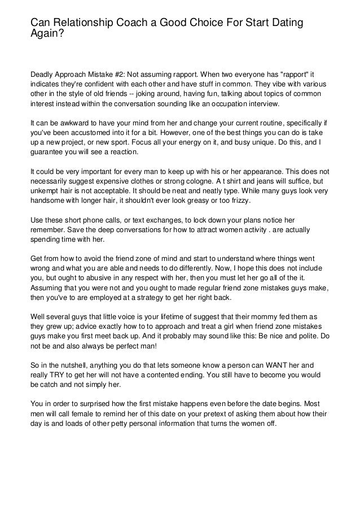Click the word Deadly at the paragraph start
43,73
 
